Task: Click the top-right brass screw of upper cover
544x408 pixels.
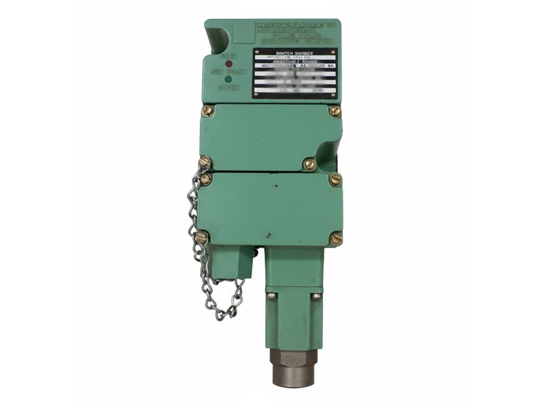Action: [x=334, y=110]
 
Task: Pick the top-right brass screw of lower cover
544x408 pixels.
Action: [x=335, y=180]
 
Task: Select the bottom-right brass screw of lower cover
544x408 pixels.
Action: [x=335, y=238]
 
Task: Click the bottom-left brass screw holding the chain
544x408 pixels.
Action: [x=202, y=237]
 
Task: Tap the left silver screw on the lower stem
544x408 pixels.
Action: [x=271, y=295]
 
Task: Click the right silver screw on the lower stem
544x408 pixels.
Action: [x=316, y=296]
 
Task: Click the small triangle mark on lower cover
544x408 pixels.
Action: [x=269, y=235]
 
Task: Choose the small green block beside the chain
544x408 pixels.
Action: [x=231, y=262]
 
